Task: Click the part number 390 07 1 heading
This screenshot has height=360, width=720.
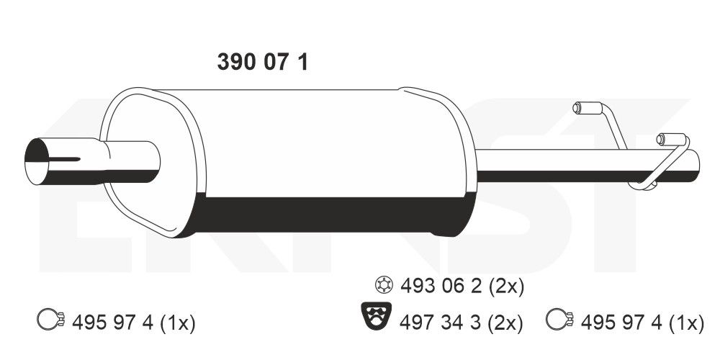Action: pyautogui.click(x=263, y=63)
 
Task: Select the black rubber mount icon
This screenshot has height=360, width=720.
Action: pyautogui.click(x=375, y=317)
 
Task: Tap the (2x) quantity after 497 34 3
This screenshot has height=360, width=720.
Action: pyautogui.click(x=505, y=322)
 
